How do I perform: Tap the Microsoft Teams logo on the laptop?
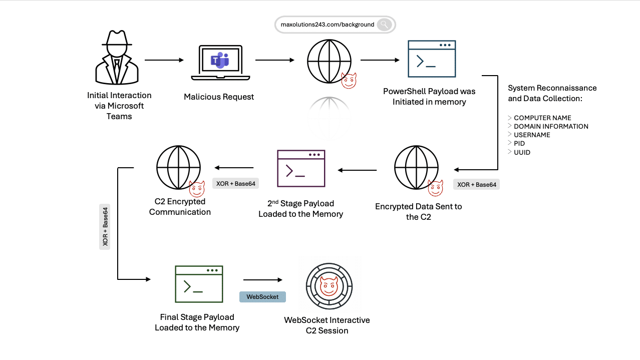pyautogui.click(x=220, y=61)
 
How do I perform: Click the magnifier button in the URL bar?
pyautogui.click(x=384, y=25)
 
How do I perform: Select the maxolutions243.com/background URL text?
pyautogui.click(x=327, y=25)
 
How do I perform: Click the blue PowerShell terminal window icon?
pyautogui.click(x=432, y=59)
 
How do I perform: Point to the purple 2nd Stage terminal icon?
pyautogui.click(x=301, y=169)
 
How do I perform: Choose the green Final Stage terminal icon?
pyautogui.click(x=199, y=284)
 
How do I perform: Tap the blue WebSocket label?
pyautogui.click(x=262, y=297)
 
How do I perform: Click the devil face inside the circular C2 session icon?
pyautogui.click(x=329, y=286)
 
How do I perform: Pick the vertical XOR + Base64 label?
pyautogui.click(x=105, y=227)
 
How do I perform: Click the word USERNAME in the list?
pyautogui.click(x=532, y=135)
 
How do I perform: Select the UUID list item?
pyautogui.click(x=522, y=152)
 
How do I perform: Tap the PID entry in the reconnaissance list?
pyautogui.click(x=519, y=143)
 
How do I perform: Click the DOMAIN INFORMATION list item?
pyautogui.click(x=551, y=126)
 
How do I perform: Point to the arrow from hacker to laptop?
pyautogui.click(x=164, y=60)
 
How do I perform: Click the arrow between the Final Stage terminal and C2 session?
pyautogui.click(x=263, y=280)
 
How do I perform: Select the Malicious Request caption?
pyautogui.click(x=219, y=97)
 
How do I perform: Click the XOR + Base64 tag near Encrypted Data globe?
pyautogui.click(x=477, y=184)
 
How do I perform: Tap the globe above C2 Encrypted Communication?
pyautogui.click(x=178, y=167)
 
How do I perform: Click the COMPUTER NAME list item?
pyautogui.click(x=542, y=118)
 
